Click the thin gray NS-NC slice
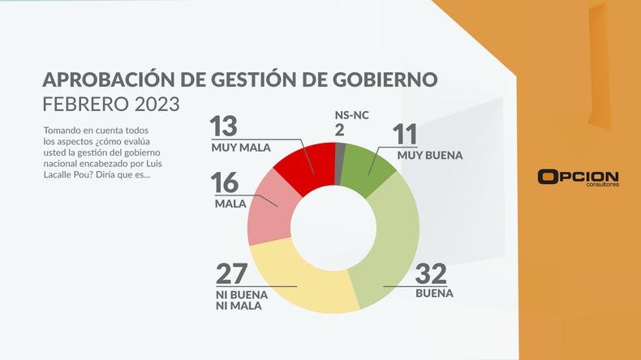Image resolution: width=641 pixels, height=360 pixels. click(x=341, y=154)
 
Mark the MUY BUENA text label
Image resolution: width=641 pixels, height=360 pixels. click(x=429, y=155)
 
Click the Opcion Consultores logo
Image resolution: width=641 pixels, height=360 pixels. click(x=578, y=178)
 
